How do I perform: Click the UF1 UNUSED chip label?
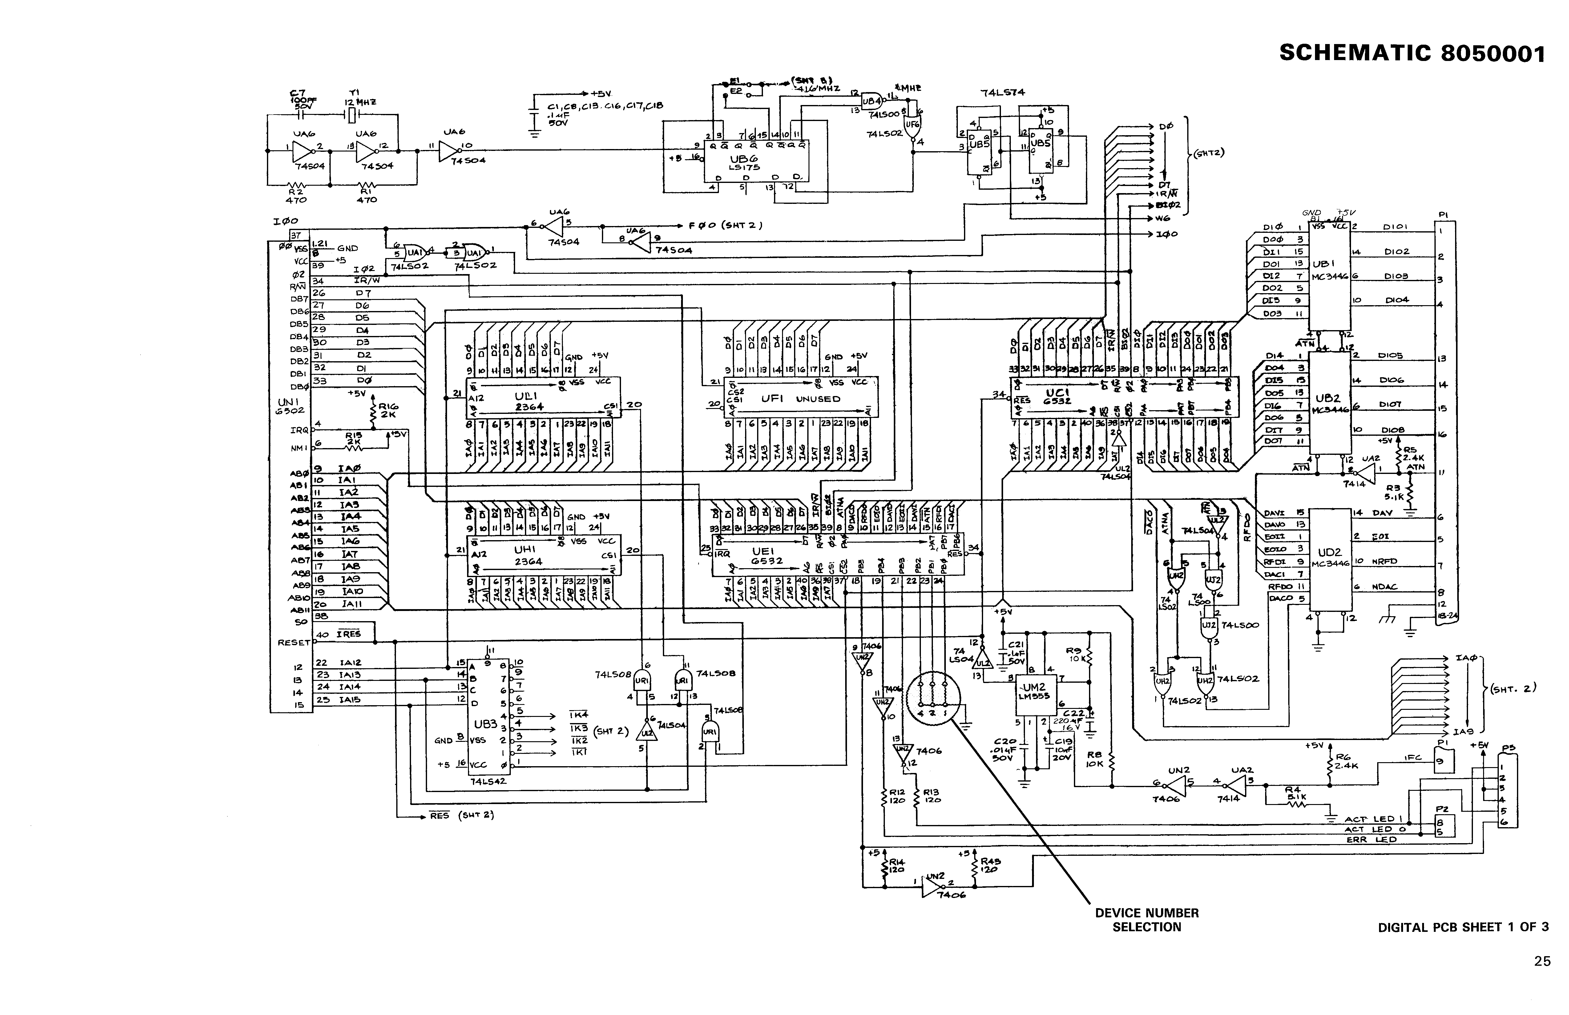click(x=800, y=399)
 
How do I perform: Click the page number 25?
click(x=1542, y=961)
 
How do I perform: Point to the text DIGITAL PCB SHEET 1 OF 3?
click(x=1463, y=927)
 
